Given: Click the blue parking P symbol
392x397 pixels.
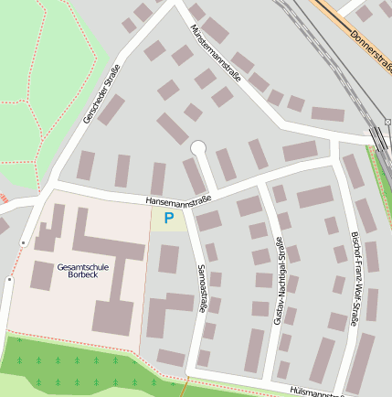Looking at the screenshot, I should coord(168,218).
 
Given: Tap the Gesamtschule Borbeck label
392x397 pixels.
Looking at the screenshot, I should coord(81,272).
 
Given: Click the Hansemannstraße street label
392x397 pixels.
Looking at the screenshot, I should coord(178,198).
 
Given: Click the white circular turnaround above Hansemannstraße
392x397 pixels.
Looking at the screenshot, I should coord(198,147).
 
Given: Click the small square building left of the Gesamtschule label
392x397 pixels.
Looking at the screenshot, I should coord(42,274).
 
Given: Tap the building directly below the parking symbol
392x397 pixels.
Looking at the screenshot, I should coord(168,259).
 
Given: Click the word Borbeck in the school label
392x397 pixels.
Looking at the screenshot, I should coord(81,276).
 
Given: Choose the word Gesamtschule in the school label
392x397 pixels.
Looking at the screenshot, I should coord(81,267).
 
